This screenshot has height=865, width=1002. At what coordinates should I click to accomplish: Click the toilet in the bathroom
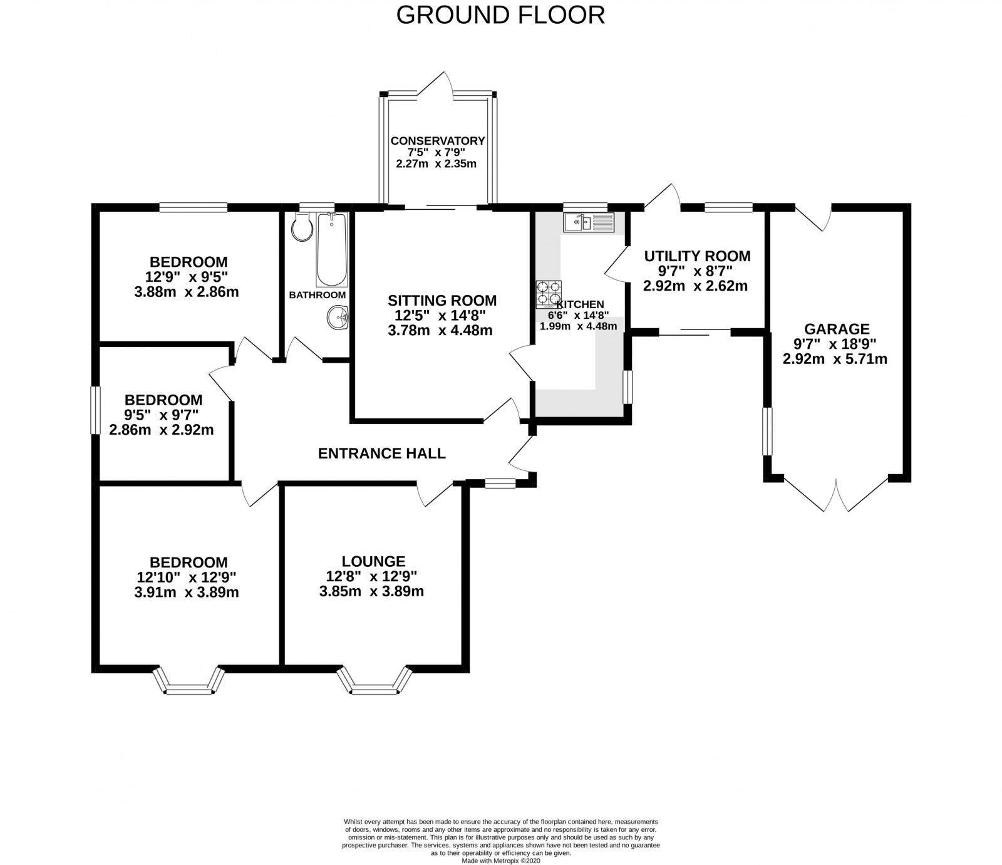(301, 227)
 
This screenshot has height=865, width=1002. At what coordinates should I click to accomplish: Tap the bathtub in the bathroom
(331, 249)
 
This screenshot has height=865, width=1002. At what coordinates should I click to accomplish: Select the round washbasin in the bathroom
(337, 318)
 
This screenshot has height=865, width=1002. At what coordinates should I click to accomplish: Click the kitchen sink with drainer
(589, 222)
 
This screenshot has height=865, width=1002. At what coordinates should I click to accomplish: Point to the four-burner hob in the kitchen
(549, 294)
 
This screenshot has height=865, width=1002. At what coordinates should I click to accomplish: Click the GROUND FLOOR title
(501, 15)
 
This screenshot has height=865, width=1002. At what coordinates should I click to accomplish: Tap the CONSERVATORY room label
(438, 141)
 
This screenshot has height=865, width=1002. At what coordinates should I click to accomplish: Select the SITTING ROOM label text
(442, 301)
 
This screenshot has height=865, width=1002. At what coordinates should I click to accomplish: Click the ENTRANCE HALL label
(382, 453)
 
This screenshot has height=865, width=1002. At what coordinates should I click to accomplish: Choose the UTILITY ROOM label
(697, 256)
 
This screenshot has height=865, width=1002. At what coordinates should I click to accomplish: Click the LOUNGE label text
(374, 562)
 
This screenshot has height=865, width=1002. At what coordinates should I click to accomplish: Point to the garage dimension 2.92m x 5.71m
(835, 360)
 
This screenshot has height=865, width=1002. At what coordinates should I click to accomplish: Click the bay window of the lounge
(374, 681)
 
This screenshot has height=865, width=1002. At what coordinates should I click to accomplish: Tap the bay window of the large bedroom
(189, 681)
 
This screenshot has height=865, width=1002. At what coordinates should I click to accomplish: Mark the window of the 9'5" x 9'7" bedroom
(95, 410)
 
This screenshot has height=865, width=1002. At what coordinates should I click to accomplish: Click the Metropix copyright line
(500, 861)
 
